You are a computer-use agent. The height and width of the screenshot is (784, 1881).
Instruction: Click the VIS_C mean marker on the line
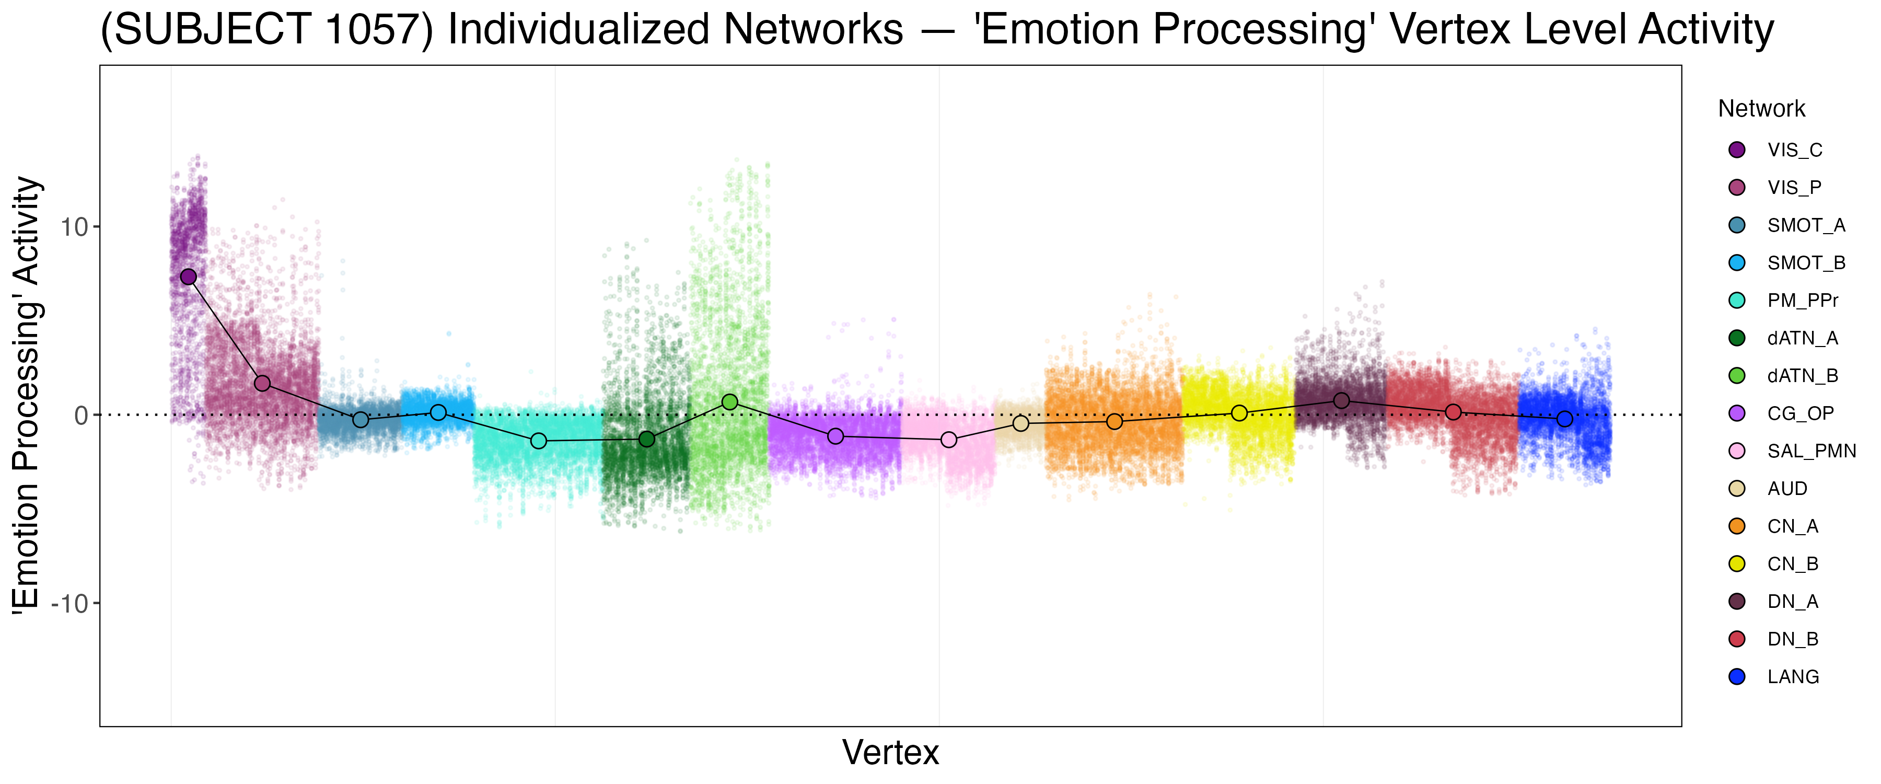[189, 277]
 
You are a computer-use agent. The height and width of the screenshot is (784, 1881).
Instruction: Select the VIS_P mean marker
[262, 384]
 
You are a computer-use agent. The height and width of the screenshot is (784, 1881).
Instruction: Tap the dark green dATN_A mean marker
[647, 439]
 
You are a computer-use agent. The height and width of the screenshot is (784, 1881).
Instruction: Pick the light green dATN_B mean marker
[729, 402]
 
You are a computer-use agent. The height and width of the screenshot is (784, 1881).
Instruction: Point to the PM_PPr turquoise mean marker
[538, 441]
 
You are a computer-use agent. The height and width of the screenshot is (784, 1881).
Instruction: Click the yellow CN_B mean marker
[1239, 413]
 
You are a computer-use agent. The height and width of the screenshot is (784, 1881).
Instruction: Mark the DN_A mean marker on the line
[1341, 400]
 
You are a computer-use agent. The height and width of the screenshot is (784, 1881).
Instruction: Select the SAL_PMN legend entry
[1811, 451]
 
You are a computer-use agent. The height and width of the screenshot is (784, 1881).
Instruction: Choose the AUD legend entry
[1787, 489]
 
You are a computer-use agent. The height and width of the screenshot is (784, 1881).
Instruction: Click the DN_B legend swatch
[1737, 639]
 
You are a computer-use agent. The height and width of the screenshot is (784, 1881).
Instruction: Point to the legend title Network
[1761, 109]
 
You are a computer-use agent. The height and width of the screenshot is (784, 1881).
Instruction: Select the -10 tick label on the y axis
[69, 604]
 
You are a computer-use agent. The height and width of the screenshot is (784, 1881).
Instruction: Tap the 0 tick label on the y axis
[81, 416]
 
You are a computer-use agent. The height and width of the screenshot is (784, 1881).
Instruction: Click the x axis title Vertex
[890, 753]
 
